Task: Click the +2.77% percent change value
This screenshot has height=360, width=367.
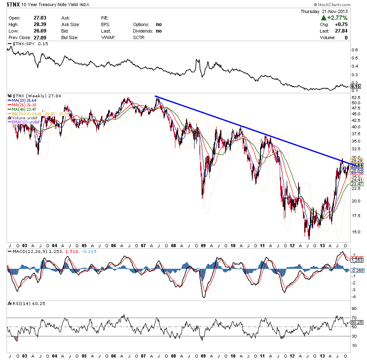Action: point(336,18)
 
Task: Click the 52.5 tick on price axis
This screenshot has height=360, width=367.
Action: point(356,98)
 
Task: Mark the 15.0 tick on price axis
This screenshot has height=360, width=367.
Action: point(356,232)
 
